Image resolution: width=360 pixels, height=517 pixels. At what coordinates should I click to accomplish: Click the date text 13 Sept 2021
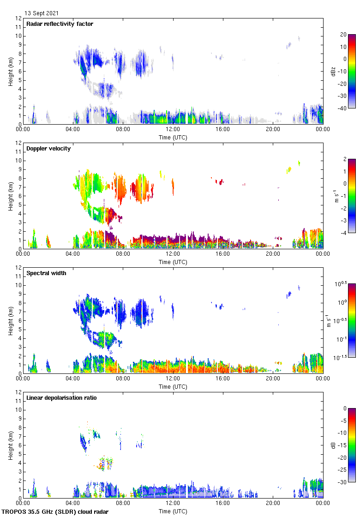tap(42, 14)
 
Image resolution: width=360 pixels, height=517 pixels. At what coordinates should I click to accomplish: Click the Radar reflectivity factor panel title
tap(60, 24)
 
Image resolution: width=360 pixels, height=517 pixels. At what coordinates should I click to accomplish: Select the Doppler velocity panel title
tap(47, 149)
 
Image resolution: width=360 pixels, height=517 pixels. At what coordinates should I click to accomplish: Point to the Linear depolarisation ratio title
tap(61, 398)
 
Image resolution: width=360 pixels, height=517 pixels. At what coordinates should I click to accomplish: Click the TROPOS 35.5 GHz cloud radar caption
tap(55, 512)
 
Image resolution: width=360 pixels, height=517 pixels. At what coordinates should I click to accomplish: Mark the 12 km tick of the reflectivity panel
tap(19, 18)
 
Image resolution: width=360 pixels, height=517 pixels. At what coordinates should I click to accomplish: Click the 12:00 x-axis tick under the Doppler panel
tap(173, 253)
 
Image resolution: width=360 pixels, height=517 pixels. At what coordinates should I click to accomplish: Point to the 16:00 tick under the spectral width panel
tap(223, 378)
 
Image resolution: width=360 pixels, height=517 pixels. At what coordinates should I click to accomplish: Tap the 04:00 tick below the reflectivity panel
tap(73, 129)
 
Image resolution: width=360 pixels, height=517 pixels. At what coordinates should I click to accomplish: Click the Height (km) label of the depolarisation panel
tap(10, 445)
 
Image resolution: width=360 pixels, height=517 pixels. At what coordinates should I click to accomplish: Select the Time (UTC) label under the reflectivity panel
tap(173, 137)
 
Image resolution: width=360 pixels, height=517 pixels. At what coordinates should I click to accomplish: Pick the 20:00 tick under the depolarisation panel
tap(273, 503)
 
